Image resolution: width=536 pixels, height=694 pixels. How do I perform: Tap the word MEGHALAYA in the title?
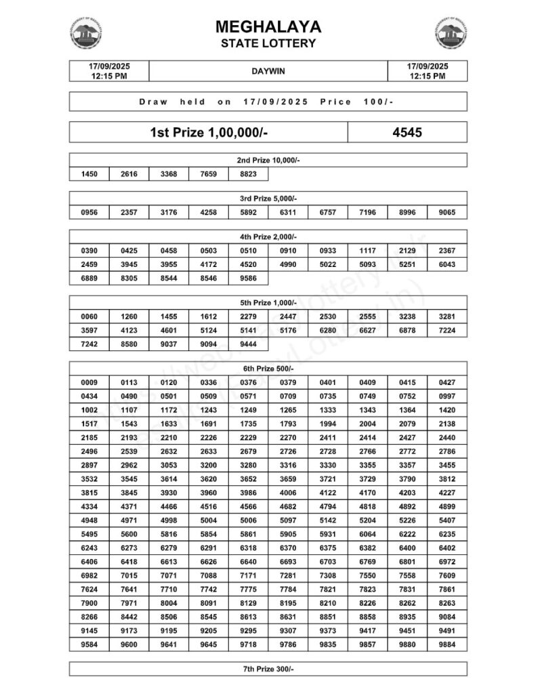click(x=268, y=27)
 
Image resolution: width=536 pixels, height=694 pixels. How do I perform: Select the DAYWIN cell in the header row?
click(x=268, y=70)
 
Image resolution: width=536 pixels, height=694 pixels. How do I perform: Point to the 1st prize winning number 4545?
click(x=407, y=132)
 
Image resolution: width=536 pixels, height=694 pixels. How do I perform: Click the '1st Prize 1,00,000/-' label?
click(x=209, y=132)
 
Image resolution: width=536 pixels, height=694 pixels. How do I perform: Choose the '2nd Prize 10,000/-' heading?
click(x=268, y=160)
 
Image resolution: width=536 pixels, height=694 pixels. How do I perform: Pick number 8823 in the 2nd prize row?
click(x=249, y=174)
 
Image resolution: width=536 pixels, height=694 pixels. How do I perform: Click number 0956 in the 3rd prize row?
click(x=89, y=213)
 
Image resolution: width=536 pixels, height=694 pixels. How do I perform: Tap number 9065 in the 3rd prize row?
click(x=447, y=213)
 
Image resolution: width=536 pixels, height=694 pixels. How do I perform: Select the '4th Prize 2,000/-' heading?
click(x=268, y=237)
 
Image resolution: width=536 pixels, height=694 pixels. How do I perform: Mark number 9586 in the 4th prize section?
click(x=249, y=277)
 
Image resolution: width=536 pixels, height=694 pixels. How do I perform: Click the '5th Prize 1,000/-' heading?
click(x=268, y=302)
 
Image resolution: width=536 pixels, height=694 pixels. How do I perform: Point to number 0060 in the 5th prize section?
click(x=89, y=317)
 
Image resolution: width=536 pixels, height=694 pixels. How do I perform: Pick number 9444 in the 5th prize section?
click(x=249, y=344)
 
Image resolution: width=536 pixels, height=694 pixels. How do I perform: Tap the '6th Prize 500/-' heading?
click(x=268, y=368)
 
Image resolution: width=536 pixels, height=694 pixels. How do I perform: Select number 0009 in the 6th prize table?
click(x=89, y=382)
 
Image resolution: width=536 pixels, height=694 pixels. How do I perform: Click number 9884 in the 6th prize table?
click(x=447, y=645)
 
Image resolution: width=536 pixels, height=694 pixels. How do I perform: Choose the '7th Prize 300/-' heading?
click(x=268, y=669)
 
